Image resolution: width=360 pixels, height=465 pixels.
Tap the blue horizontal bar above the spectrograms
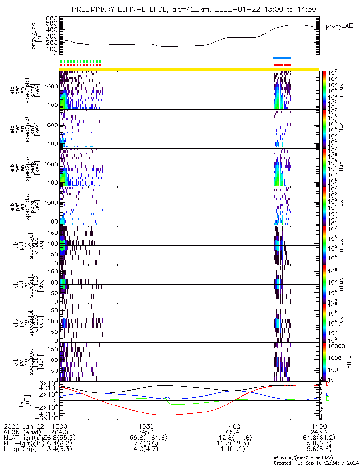click(282, 58)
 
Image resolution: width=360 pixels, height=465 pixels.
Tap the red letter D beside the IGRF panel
click(328, 385)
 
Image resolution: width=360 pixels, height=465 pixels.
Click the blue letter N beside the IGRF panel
click(328, 395)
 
